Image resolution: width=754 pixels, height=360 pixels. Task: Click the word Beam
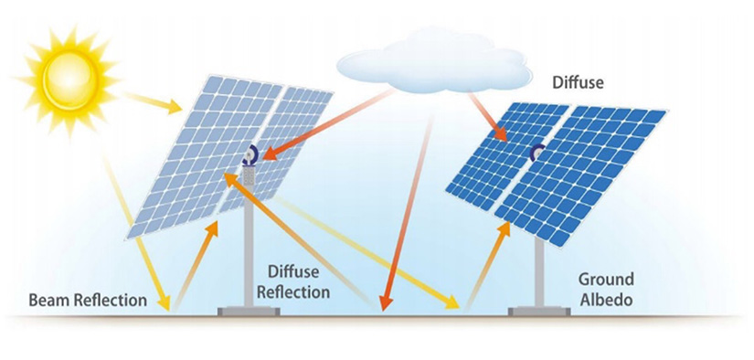(x=48, y=300)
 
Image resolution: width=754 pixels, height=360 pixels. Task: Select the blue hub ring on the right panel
(x=538, y=152)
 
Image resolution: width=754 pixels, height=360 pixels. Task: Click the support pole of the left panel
(x=247, y=247)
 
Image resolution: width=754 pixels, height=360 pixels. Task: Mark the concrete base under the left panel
(x=247, y=312)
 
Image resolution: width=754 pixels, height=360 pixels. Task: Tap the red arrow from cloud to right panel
(x=484, y=114)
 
